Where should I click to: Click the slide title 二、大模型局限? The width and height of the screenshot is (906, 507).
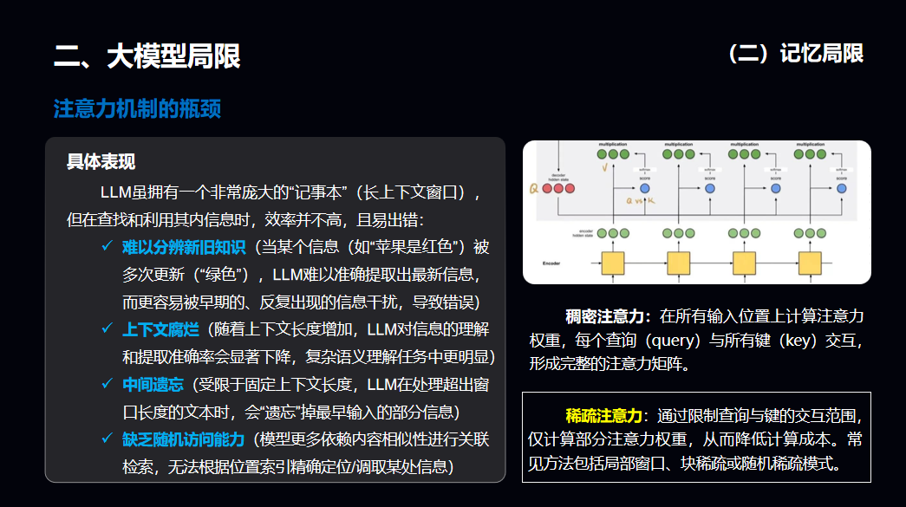point(147,56)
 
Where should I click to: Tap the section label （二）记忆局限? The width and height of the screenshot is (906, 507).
point(796,54)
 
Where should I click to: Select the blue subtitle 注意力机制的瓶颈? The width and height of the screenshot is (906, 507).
point(137,109)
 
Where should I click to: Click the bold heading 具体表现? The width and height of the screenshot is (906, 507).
point(101,162)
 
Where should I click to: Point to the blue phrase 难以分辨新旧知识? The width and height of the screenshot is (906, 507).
point(185,248)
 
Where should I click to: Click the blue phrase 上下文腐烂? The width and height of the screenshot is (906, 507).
point(160,329)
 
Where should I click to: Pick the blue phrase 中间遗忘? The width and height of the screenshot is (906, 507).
point(153,385)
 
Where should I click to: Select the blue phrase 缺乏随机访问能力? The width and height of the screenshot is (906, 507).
point(185,439)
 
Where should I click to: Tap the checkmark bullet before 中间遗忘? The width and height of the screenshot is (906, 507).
point(107,385)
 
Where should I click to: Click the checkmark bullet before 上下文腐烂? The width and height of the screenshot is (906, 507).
point(107,329)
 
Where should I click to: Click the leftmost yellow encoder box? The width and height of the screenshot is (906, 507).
point(613,263)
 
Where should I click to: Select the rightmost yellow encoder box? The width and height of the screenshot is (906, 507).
point(809,263)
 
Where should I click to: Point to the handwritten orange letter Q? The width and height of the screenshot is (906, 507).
point(534,188)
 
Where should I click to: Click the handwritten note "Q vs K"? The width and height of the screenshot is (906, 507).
point(642,199)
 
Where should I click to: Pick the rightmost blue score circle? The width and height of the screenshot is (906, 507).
point(842,188)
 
